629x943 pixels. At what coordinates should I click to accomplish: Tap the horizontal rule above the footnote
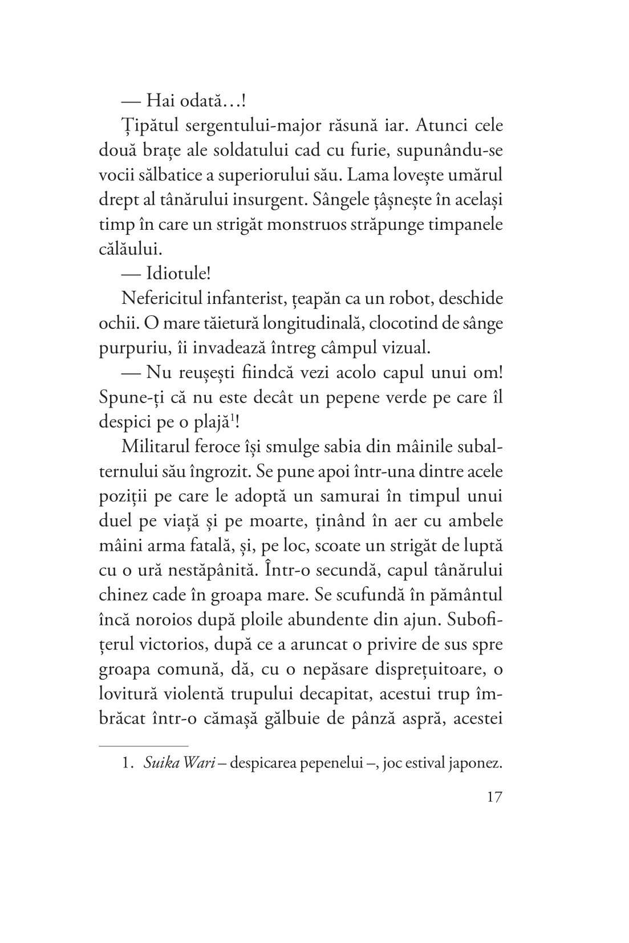tap(143, 746)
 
